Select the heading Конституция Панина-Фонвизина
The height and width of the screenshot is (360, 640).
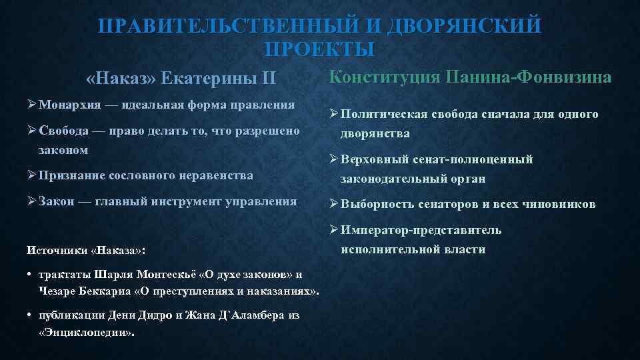(470, 77)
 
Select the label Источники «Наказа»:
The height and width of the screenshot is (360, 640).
(87, 251)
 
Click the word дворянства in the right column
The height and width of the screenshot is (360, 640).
(375, 133)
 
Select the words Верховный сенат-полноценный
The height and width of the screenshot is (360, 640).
(437, 159)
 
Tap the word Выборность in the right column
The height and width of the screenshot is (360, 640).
(378, 204)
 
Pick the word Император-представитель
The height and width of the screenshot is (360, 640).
(421, 231)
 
